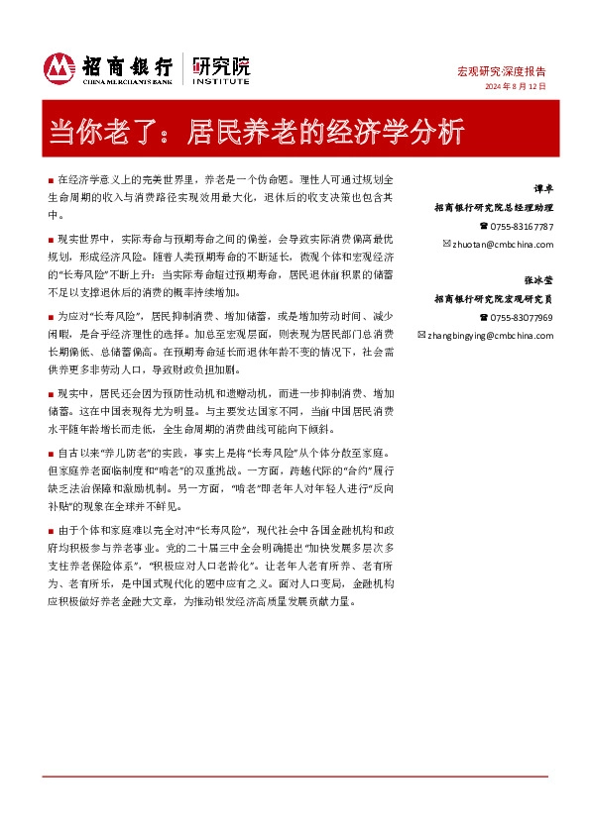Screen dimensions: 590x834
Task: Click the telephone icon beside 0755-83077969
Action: tap(483, 317)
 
